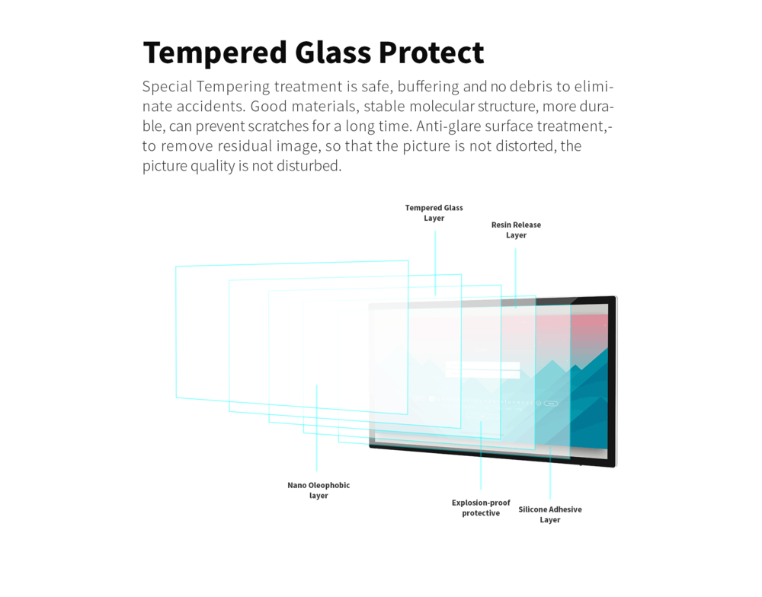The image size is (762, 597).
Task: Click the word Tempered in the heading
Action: click(x=215, y=53)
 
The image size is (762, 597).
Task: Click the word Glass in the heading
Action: click(x=333, y=52)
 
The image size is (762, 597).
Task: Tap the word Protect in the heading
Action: click(x=431, y=52)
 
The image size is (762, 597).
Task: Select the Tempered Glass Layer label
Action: click(x=434, y=212)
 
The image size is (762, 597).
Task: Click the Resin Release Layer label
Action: click(x=516, y=230)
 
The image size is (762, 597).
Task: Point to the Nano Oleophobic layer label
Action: click(x=319, y=490)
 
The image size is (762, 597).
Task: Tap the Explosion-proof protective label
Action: click(x=481, y=508)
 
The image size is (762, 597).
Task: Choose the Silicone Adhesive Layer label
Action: click(x=550, y=515)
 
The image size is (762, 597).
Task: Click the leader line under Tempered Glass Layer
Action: click(x=435, y=263)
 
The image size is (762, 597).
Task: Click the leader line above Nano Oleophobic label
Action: click(x=316, y=428)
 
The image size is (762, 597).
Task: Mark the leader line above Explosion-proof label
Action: click(x=481, y=455)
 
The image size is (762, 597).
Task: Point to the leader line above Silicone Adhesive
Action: click(x=551, y=473)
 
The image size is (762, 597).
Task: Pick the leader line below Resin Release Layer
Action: click(x=516, y=278)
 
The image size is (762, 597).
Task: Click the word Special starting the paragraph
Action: click(x=167, y=87)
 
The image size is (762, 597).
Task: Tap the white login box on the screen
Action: click(x=482, y=369)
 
